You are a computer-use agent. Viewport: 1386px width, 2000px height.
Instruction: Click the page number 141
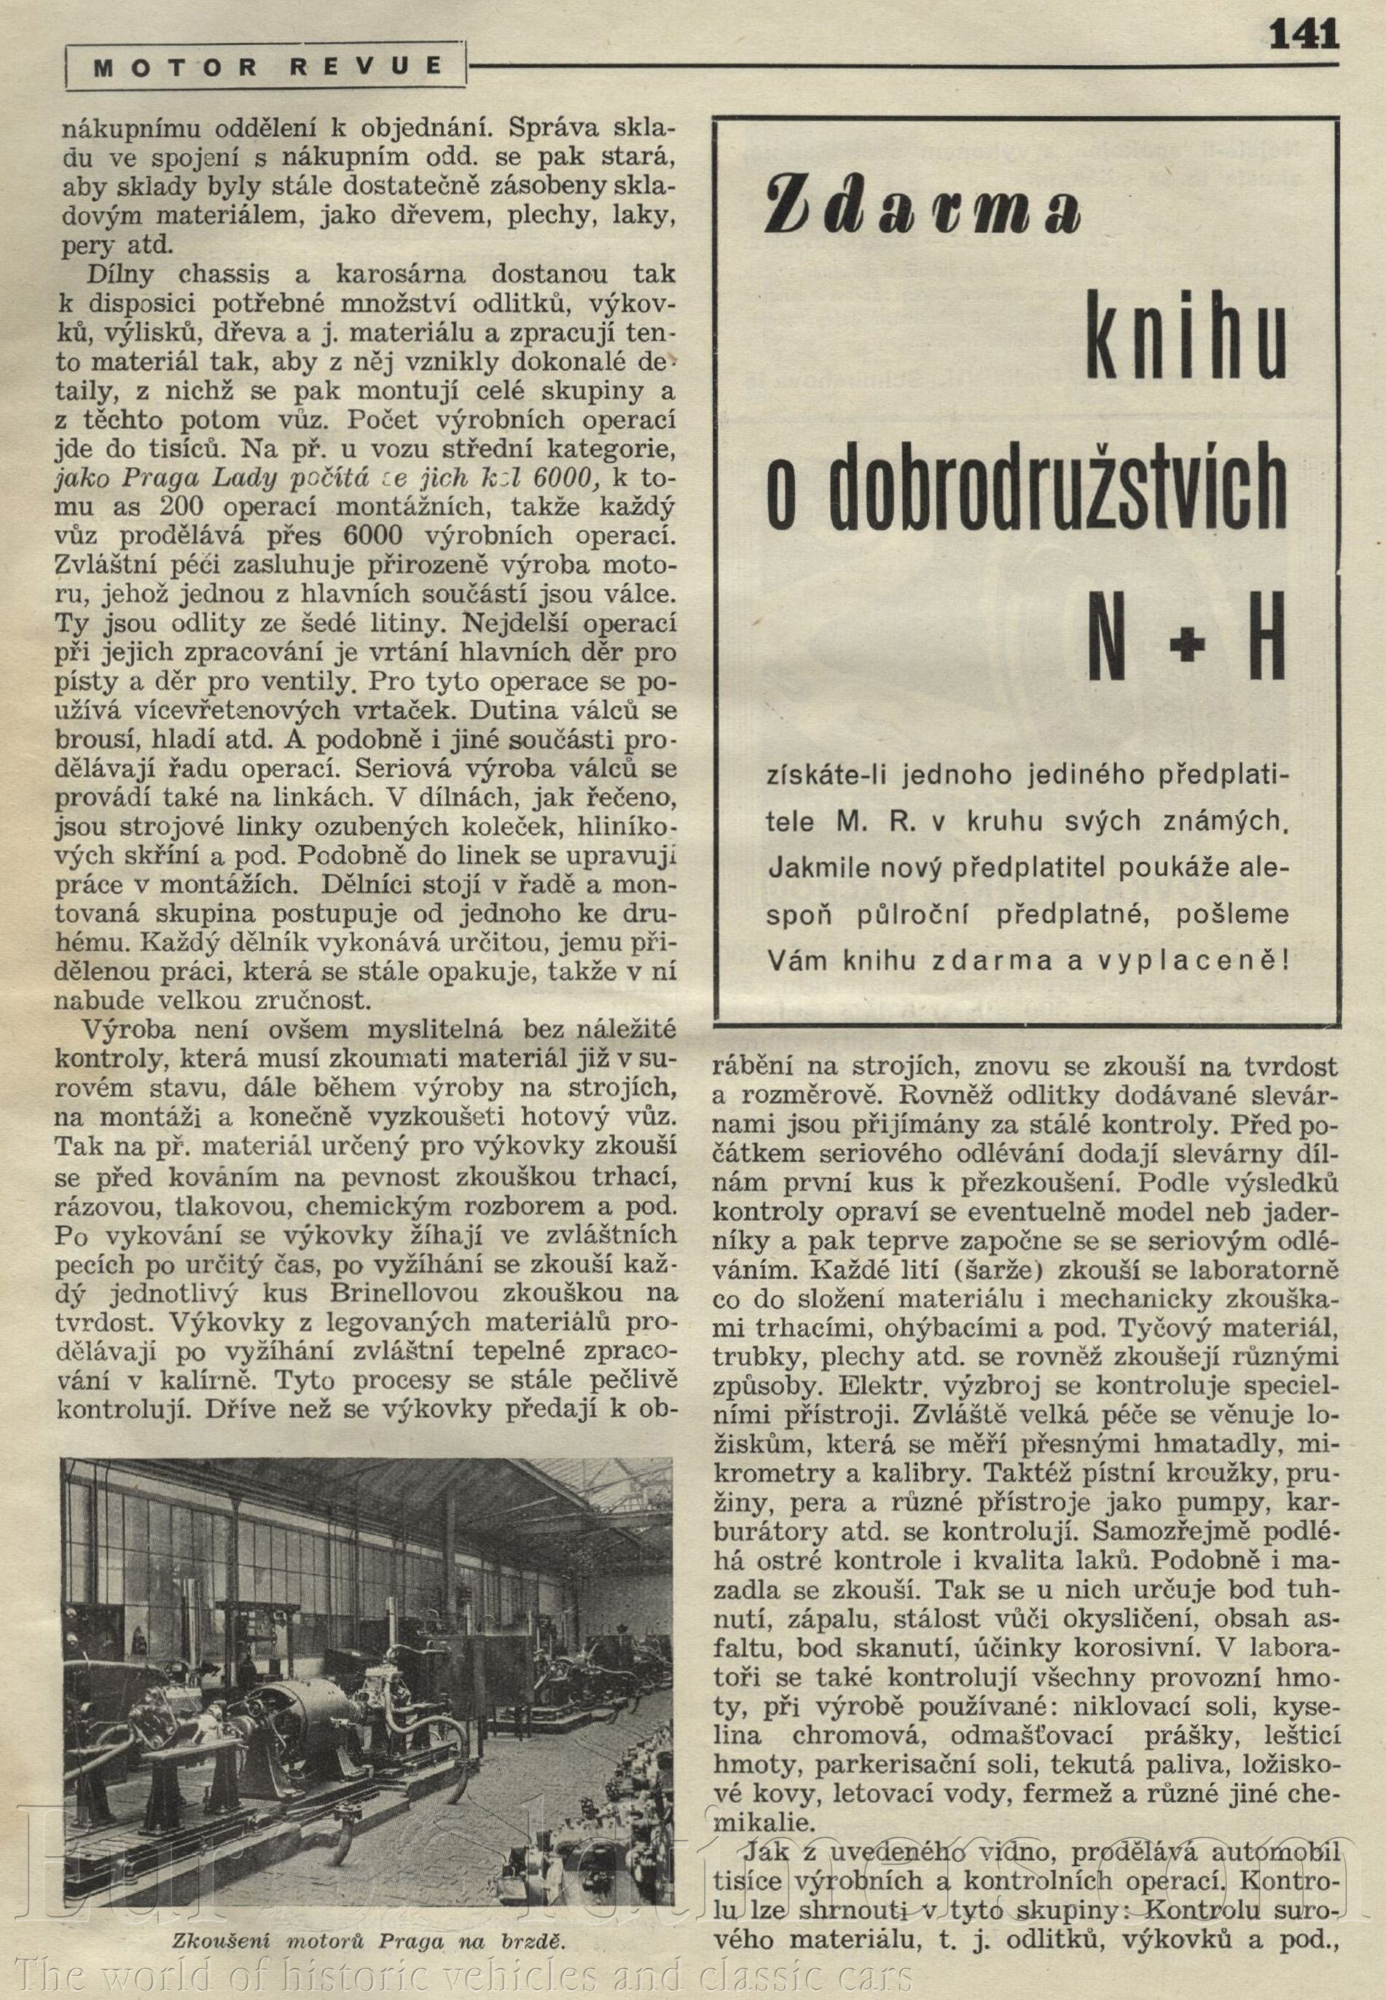pyautogui.click(x=1304, y=36)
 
